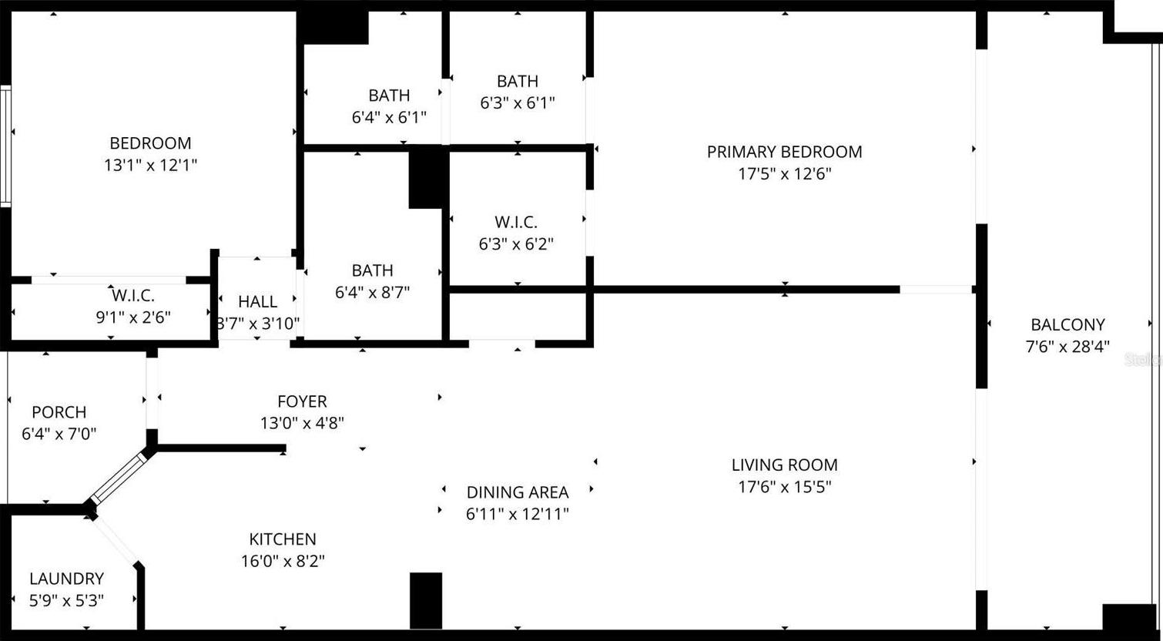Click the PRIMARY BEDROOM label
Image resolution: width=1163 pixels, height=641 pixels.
click(x=785, y=152)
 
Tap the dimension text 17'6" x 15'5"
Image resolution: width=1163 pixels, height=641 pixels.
click(x=785, y=487)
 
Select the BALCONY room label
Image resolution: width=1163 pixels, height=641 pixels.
click(x=1067, y=324)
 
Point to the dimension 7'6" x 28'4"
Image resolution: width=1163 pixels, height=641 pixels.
click(x=1067, y=347)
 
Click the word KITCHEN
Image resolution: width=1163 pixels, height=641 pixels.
click(x=283, y=539)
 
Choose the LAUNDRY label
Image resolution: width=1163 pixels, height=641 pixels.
click(x=66, y=579)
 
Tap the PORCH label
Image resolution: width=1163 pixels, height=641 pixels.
click(x=59, y=412)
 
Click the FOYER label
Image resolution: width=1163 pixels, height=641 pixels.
click(x=302, y=401)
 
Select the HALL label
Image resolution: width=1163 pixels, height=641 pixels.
click(x=257, y=302)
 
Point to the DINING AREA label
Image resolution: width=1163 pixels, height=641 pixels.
click(x=517, y=492)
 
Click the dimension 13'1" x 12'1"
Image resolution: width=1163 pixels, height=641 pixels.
click(x=150, y=165)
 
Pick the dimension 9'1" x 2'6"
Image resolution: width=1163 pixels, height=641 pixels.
click(x=133, y=317)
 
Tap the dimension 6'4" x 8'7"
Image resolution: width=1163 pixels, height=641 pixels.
click(x=372, y=293)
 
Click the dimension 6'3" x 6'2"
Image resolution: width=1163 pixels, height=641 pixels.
click(x=516, y=244)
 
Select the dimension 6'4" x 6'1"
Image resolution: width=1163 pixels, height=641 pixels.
click(x=389, y=117)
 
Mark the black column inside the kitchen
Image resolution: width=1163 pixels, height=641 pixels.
click(x=426, y=601)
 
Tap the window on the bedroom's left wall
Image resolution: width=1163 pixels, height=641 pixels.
click(x=5, y=146)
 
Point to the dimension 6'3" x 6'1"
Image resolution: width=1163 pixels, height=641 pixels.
click(x=517, y=102)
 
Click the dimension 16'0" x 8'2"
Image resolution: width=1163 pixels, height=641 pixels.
click(x=283, y=561)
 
